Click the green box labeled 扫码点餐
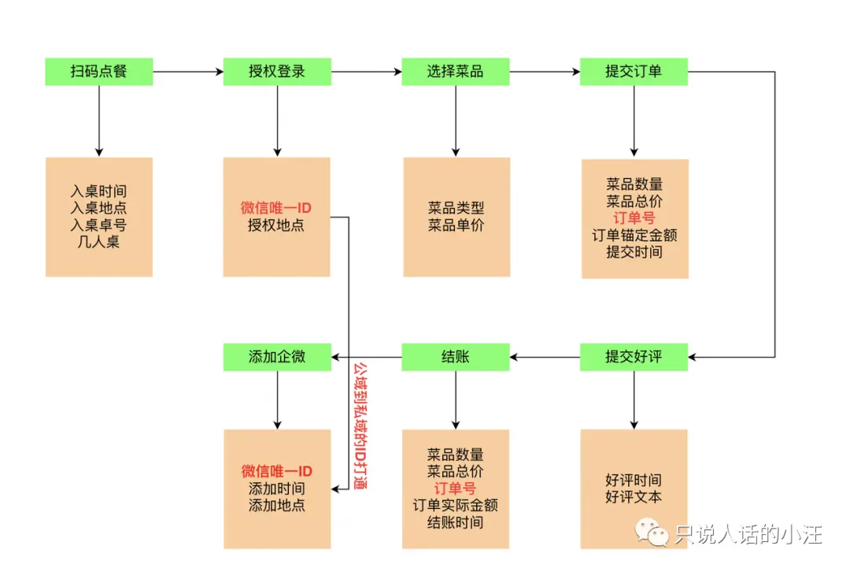[98, 72]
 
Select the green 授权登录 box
[276, 72]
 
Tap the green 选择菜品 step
[455, 72]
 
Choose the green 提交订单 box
[634, 72]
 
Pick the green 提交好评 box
[634, 357]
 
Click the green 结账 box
[455, 357]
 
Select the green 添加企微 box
[276, 357]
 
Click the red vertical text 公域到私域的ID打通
[360, 426]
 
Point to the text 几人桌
[98, 242]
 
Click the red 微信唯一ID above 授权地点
[276, 208]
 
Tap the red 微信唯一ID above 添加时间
[276, 471]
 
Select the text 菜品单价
[456, 225]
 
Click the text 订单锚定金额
[634, 235]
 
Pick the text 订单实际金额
[455, 505]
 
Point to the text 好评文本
[634, 497]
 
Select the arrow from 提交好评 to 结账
[545, 357]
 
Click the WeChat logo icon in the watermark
[653, 534]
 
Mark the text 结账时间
[455, 522]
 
